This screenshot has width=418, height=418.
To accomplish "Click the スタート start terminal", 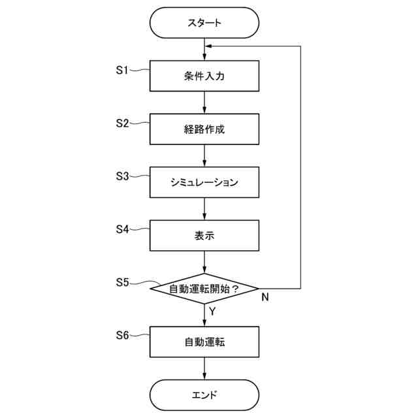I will [x=205, y=23].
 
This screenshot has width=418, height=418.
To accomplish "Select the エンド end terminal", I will [x=205, y=395].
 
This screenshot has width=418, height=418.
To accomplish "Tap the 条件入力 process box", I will [x=205, y=76].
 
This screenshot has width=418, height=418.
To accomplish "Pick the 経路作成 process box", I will [x=205, y=129].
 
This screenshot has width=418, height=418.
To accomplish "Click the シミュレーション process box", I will [x=205, y=182].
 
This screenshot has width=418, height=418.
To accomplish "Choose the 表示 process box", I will [x=205, y=235].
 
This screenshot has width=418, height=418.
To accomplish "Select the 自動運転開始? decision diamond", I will [x=205, y=288].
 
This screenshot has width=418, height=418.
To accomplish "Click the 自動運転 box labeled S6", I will [x=205, y=342].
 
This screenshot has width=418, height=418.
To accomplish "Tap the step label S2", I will [x=123, y=123].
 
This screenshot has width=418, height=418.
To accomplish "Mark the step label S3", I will [x=123, y=176].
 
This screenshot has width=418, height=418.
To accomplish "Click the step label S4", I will [x=123, y=229].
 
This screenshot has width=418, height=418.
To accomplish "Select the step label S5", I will [x=123, y=282].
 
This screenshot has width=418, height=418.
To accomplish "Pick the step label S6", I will [x=123, y=335].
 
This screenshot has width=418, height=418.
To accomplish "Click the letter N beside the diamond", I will [x=265, y=298].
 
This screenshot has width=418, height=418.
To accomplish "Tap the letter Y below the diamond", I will [x=213, y=312].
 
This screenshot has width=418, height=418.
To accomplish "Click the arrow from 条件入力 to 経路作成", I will [x=205, y=102].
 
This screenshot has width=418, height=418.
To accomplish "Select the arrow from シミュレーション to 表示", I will [x=205, y=208].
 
